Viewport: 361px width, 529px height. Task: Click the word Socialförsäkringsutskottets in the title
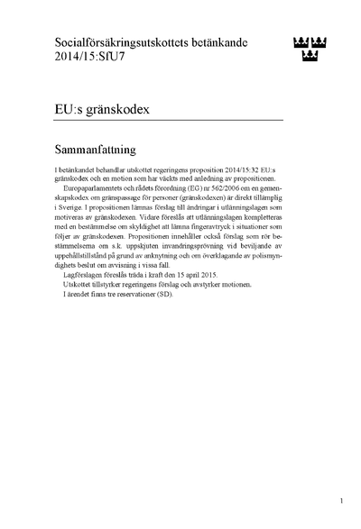click(116, 42)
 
